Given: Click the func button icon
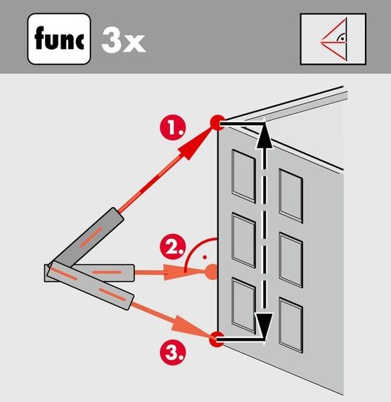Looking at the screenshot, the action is tap(59, 39).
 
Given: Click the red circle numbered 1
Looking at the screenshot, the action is tap(173, 127).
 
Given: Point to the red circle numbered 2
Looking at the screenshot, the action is tap(173, 247).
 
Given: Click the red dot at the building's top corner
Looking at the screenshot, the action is tap(217, 123).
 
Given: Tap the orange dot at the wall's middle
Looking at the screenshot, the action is tap(212, 272).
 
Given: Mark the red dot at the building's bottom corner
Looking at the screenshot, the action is tap(216, 339).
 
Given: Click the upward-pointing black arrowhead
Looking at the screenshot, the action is tap(264, 134).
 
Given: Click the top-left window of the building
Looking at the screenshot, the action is tap(243, 176).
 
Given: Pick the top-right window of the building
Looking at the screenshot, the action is tap(291, 196).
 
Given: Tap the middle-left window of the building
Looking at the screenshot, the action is tap(243, 240).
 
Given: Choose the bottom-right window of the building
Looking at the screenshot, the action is tap(291, 325).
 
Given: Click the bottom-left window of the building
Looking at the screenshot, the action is tap(243, 306).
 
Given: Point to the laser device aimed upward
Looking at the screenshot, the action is tap(88, 238).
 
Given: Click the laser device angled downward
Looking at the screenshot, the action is tap(90, 285).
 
